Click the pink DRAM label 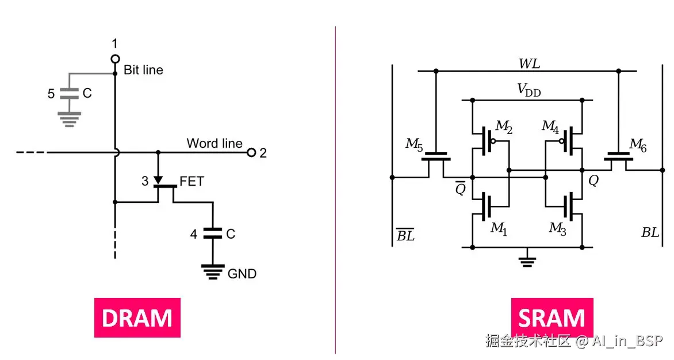(137, 317)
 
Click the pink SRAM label (552, 317)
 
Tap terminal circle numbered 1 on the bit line (115, 59)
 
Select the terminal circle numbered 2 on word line (251, 152)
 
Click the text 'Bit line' (143, 70)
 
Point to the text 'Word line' (214, 143)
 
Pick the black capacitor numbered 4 (213, 233)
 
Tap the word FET (192, 182)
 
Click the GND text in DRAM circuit (242, 274)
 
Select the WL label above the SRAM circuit (529, 63)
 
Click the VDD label (529, 90)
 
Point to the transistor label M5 (414, 144)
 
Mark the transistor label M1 (499, 228)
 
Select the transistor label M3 (557, 228)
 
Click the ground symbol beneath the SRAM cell (526, 262)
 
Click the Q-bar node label (460, 187)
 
